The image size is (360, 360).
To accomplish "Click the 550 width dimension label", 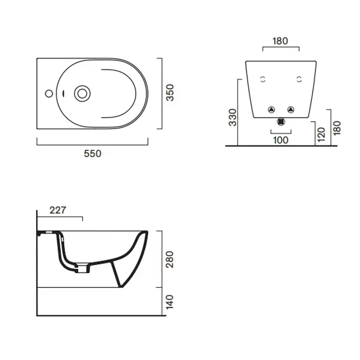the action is (x=93, y=154).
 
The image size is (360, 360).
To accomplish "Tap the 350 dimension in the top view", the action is (x=170, y=93).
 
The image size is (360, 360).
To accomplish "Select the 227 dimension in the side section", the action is (x=58, y=210).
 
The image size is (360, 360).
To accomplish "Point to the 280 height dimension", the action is (x=170, y=259).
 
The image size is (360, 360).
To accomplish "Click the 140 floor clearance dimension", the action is (x=170, y=302).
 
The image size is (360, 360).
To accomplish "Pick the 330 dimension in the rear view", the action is (x=232, y=118).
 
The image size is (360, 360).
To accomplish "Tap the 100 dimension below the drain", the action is (x=281, y=140).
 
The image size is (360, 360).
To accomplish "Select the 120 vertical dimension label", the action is (x=321, y=134).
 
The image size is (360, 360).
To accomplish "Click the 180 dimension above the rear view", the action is (x=280, y=41).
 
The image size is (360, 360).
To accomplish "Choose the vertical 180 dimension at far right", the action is (x=337, y=128).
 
